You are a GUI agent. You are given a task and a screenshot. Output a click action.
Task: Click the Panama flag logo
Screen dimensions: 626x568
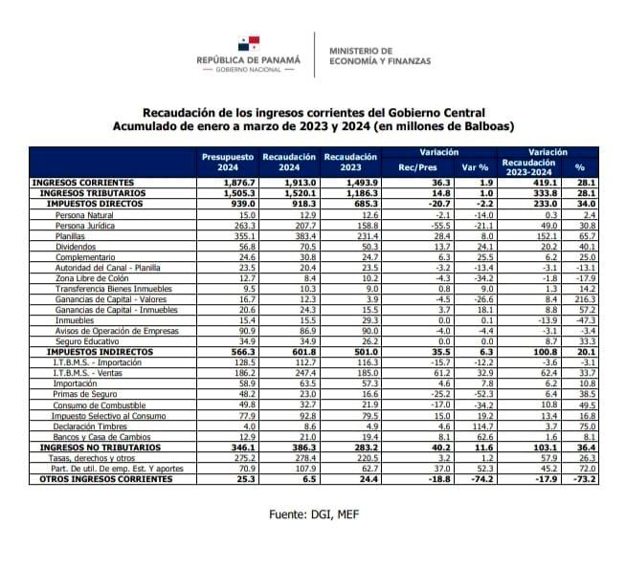(249, 43)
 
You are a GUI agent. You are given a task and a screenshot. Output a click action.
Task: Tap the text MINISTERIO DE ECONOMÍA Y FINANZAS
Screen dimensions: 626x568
(380, 55)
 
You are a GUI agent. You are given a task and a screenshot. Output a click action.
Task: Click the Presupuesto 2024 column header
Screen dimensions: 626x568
(228, 162)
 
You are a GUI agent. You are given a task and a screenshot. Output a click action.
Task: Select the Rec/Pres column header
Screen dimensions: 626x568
(417, 167)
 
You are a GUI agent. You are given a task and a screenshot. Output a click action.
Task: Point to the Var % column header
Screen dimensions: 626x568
(475, 167)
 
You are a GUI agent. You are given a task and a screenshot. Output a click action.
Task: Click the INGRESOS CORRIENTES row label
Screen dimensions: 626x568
(83, 183)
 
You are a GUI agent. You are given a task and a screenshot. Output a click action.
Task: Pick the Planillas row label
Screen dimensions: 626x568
(70, 236)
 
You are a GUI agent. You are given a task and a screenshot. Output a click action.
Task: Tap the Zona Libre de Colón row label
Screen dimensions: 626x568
(92, 278)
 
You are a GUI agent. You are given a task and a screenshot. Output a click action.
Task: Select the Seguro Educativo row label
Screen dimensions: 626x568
(87, 341)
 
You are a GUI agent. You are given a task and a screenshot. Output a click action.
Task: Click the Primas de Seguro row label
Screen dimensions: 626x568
(85, 394)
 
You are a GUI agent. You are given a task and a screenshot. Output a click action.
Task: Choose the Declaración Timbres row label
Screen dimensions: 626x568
(90, 426)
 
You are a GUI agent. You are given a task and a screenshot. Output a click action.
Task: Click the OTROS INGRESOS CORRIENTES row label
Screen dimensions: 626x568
(106, 479)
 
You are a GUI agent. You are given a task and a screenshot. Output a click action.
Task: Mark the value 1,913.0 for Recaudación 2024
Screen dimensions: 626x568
(301, 183)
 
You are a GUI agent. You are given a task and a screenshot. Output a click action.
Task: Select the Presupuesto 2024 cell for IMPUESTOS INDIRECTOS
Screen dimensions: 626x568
(243, 352)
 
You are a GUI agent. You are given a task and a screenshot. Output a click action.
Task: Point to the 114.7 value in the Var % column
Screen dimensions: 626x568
(482, 426)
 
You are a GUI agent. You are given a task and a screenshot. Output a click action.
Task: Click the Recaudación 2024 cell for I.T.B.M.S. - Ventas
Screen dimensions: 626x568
(305, 373)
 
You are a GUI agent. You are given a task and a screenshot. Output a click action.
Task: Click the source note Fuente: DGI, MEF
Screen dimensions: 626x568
(314, 514)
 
